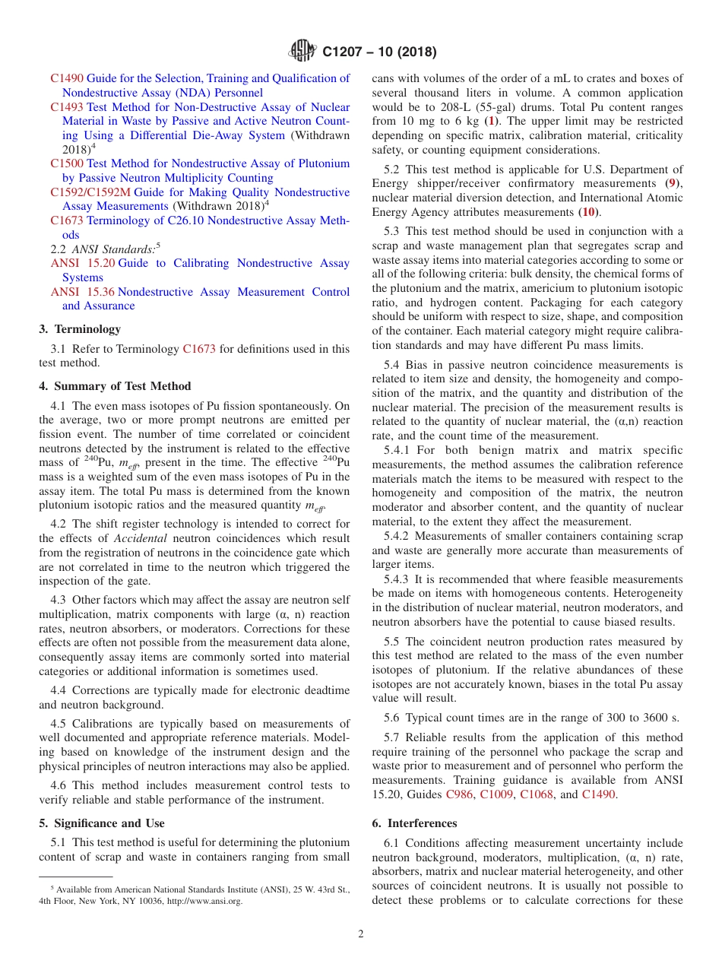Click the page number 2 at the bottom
coord(361,934)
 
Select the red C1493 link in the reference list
coord(67,107)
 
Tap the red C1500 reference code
coord(67,163)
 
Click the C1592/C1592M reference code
coord(90,192)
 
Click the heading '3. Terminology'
coord(80,329)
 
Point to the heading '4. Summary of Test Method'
coord(115,386)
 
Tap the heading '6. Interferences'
coord(414,823)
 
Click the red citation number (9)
coord(671,183)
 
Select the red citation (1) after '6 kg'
coord(492,121)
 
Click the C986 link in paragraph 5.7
coord(458,794)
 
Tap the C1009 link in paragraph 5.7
coord(496,794)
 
